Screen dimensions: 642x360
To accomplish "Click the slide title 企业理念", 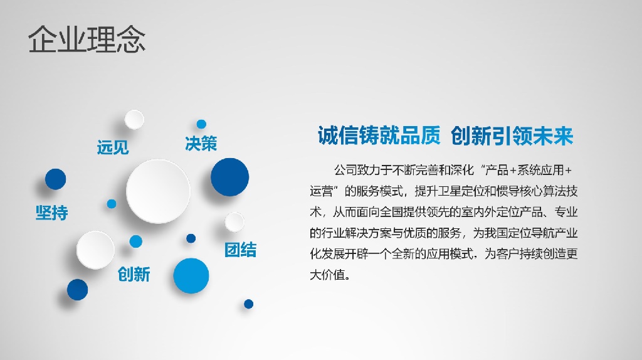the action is pyautogui.click(x=87, y=40).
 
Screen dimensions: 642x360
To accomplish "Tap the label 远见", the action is pyautogui.click(x=113, y=147).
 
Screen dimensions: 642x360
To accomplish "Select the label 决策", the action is pyautogui.click(x=201, y=144).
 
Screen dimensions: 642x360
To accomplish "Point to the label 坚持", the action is pyautogui.click(x=51, y=213).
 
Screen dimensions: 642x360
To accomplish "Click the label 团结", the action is pyautogui.click(x=240, y=250).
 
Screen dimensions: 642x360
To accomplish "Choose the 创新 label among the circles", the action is pyautogui.click(x=134, y=274).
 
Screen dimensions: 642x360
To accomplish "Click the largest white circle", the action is pyautogui.click(x=158, y=191).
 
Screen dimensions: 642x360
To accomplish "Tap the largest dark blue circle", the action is pyautogui.click(x=229, y=177).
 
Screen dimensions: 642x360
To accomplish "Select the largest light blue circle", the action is pyautogui.click(x=191, y=275).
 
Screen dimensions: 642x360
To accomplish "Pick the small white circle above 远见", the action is pyautogui.click(x=134, y=120).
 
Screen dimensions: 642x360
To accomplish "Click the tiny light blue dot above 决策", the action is pyautogui.click(x=201, y=124).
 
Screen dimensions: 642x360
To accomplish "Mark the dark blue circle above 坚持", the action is pyautogui.click(x=55, y=179).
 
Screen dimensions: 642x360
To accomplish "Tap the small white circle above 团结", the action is pyautogui.click(x=234, y=223).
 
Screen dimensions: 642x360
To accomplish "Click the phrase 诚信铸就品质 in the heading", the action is pyautogui.click(x=379, y=135).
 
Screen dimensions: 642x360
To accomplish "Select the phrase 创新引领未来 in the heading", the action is pyautogui.click(x=512, y=135).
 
